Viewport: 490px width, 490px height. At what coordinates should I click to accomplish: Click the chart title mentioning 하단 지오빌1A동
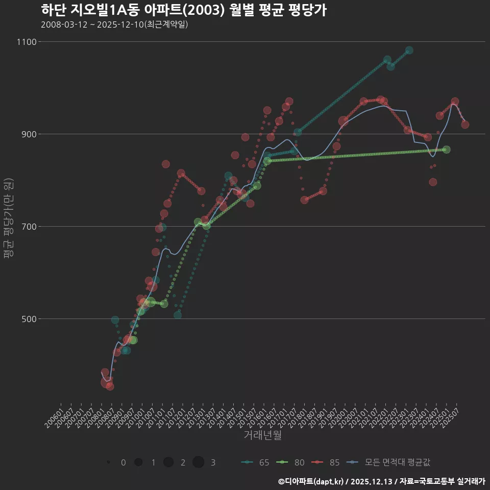[183, 10]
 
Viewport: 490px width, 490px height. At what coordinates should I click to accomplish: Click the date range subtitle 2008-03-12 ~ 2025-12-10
[114, 24]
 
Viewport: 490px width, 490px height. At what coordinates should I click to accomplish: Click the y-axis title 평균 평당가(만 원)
[9, 219]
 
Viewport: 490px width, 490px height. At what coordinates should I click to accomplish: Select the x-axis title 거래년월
[262, 435]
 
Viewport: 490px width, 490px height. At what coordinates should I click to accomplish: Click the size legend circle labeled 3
[199, 462]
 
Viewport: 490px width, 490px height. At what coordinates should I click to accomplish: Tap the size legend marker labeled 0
[109, 462]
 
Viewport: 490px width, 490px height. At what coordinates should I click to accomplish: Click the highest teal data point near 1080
[409, 51]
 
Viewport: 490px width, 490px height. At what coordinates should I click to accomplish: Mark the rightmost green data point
[447, 150]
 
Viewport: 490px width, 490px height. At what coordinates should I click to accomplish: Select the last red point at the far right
[465, 125]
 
